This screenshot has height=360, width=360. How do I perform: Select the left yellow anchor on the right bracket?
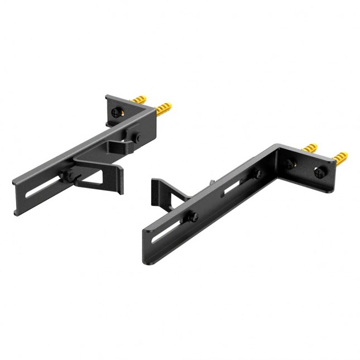(310, 148)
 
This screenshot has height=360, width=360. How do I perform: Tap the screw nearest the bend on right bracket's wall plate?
(290, 163)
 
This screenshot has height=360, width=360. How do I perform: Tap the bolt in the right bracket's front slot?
(193, 217)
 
